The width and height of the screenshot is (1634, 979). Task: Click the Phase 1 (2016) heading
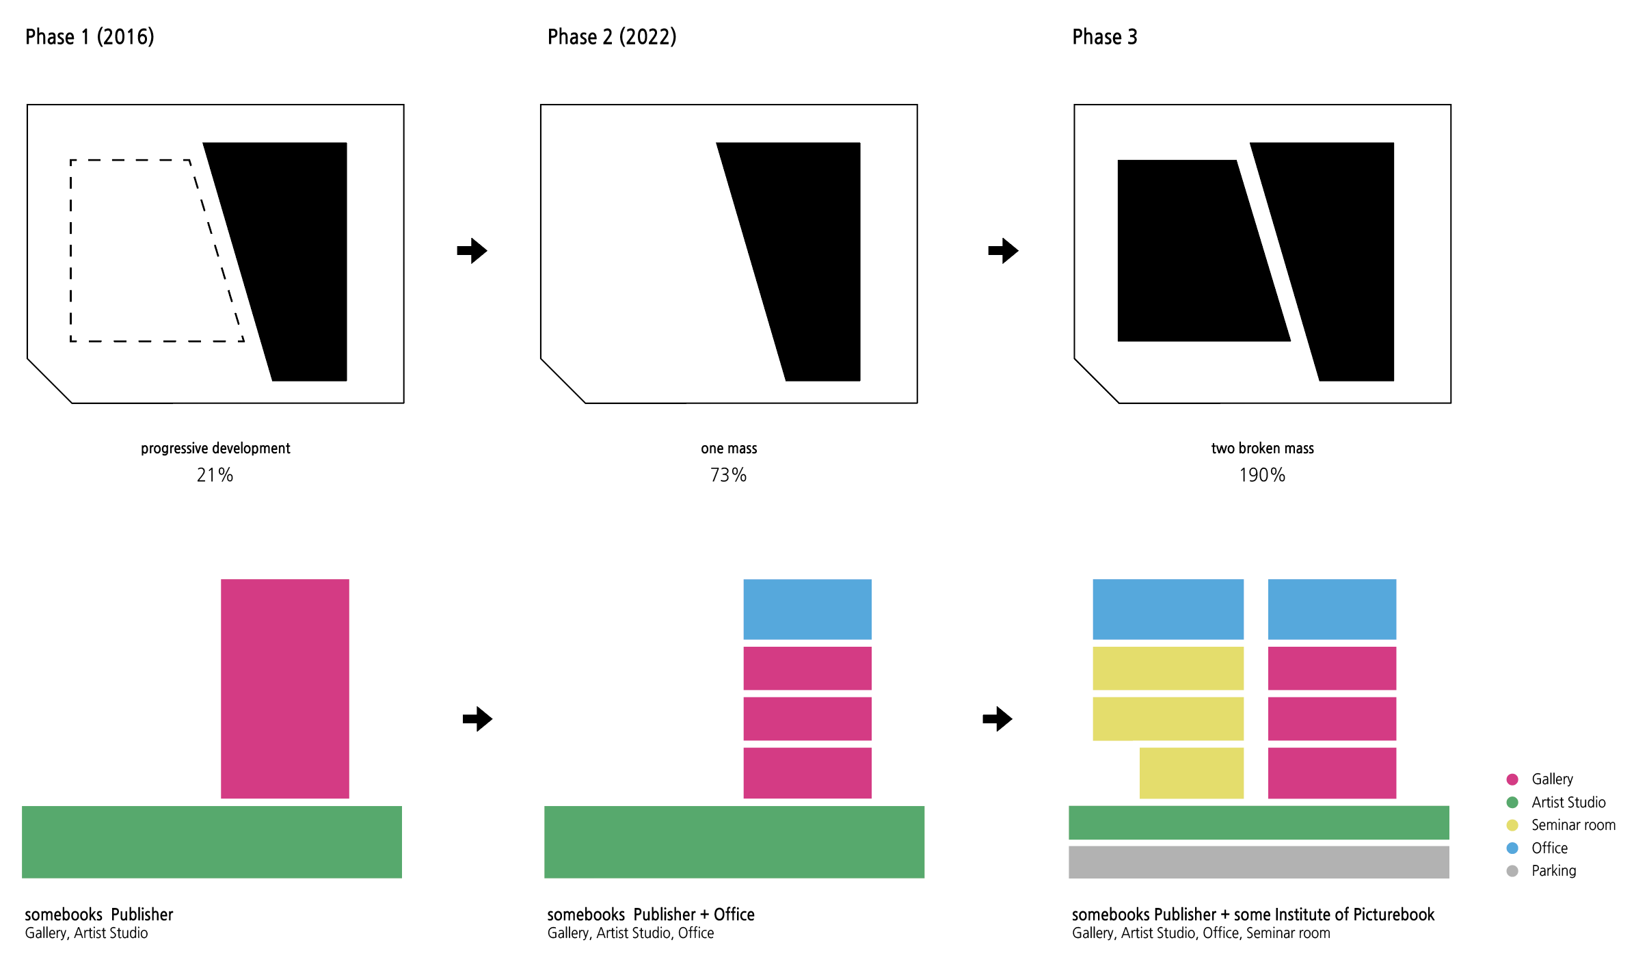pyautogui.click(x=90, y=37)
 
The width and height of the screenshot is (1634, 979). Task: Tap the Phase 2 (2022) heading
pyautogui.click(x=612, y=37)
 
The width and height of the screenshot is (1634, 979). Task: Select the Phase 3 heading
pyautogui.click(x=1104, y=37)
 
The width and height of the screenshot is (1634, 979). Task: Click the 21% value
pyautogui.click(x=215, y=474)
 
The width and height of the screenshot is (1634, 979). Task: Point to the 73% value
pyautogui.click(x=728, y=474)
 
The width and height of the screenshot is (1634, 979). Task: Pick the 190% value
pyautogui.click(x=1262, y=474)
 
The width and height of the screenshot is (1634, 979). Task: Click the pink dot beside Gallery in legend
pyautogui.click(x=1512, y=779)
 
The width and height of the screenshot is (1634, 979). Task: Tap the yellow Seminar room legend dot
pyautogui.click(x=1512, y=825)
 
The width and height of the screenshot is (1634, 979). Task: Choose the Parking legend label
pyautogui.click(x=1553, y=871)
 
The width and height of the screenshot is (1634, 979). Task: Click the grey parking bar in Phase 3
pyautogui.click(x=1258, y=862)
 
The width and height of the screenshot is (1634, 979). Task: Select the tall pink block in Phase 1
pyautogui.click(x=284, y=688)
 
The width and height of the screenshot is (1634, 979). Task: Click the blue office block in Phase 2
pyautogui.click(x=807, y=609)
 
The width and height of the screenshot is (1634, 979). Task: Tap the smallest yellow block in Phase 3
pyautogui.click(x=1191, y=773)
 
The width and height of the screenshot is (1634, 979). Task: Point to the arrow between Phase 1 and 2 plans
pyautogui.click(x=472, y=251)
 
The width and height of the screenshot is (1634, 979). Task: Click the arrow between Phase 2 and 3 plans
pyautogui.click(x=1003, y=251)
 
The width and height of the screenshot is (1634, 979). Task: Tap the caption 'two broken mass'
pyautogui.click(x=1262, y=448)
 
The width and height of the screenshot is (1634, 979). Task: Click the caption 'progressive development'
pyautogui.click(x=215, y=448)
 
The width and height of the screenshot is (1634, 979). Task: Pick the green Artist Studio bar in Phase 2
pyautogui.click(x=734, y=842)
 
